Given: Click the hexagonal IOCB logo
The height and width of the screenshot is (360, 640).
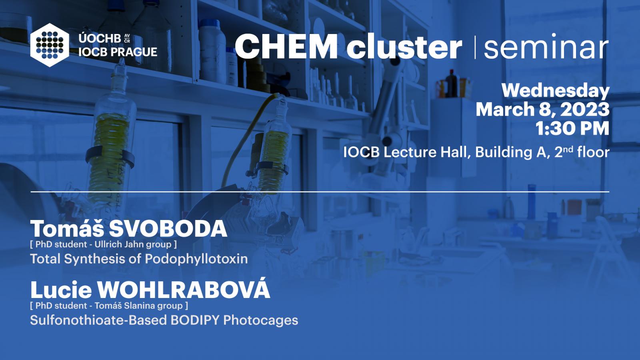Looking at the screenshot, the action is (x=50, y=45).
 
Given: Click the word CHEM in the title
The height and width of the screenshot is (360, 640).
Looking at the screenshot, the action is (x=286, y=46).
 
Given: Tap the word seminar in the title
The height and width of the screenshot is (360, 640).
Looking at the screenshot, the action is (x=546, y=46).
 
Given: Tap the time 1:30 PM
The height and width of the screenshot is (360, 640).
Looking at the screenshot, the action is (x=572, y=128).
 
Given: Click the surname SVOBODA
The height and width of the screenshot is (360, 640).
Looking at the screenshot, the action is (x=168, y=229).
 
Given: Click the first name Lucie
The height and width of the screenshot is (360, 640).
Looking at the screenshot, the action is (x=61, y=290).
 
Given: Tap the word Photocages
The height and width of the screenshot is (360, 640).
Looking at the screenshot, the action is (x=260, y=321).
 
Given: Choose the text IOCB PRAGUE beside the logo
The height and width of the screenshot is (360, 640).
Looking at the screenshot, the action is (x=118, y=52).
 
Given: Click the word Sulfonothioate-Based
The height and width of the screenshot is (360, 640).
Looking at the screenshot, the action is (x=98, y=320).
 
